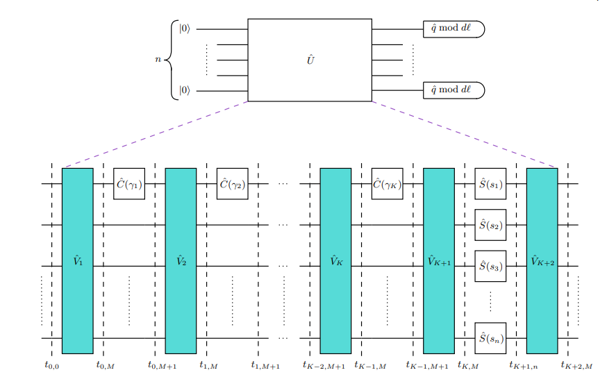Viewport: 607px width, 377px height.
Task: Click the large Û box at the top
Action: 310,60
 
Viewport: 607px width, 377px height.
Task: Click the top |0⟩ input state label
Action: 184,29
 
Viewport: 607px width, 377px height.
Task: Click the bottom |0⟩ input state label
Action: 184,90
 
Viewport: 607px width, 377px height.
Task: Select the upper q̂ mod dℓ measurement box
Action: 453,29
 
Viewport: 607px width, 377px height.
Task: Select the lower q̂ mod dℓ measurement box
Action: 453,90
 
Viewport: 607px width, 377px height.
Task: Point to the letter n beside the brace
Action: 158,60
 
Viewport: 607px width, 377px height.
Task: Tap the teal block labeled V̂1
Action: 77,261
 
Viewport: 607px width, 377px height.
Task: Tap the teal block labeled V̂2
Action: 181,261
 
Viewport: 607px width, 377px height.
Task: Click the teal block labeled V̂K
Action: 335,261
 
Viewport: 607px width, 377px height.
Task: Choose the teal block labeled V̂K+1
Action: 439,261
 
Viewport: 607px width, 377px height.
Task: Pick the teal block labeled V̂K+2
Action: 542,261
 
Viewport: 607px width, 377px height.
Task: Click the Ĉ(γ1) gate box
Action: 129,184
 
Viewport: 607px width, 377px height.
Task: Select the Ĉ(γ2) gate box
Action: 232,184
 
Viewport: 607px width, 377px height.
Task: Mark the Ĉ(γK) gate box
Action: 387,184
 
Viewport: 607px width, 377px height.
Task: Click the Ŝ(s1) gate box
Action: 490,184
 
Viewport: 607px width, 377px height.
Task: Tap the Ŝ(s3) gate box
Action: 490,266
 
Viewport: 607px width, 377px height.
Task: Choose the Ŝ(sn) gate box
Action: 490,338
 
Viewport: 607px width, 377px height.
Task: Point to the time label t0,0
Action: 52,364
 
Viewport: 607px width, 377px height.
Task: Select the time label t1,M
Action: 209,364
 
